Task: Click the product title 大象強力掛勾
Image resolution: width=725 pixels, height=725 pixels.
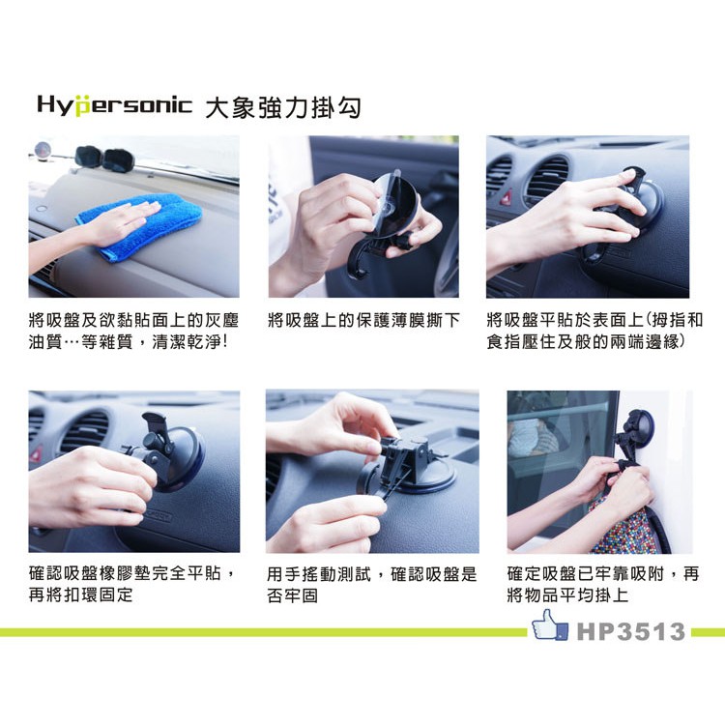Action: tap(283, 108)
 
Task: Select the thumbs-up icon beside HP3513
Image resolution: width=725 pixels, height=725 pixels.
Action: tap(550, 624)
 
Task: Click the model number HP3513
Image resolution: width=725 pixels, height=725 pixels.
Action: tap(630, 631)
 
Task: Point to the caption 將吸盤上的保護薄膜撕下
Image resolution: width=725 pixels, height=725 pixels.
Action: tap(363, 320)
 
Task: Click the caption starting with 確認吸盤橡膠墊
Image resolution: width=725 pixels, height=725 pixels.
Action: tap(131, 584)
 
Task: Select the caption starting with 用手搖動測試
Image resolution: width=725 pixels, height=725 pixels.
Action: tap(371, 585)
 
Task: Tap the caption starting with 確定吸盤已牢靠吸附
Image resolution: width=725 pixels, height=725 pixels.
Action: tap(603, 584)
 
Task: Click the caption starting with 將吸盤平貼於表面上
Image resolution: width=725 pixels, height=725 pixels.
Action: tap(594, 331)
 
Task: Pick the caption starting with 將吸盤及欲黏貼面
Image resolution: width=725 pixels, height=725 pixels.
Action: tap(133, 331)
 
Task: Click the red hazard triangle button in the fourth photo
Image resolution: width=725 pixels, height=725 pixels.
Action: tap(34, 453)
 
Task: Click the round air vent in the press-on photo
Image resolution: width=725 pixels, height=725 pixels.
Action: tap(549, 181)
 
